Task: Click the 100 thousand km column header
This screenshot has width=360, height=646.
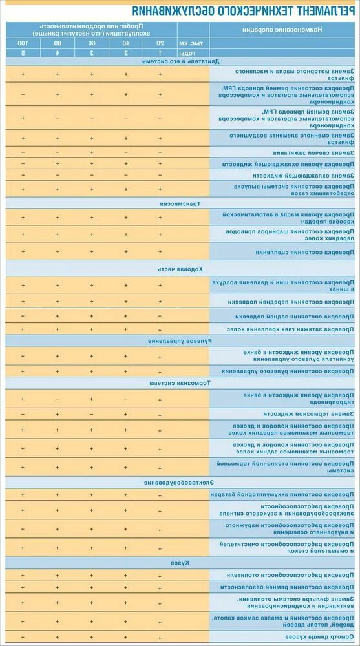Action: tap(23, 43)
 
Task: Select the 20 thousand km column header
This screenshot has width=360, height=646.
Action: tap(160, 43)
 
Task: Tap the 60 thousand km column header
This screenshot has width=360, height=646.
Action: tap(91, 43)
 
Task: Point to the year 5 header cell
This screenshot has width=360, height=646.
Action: tap(23, 52)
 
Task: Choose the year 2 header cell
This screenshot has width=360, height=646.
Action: tap(126, 52)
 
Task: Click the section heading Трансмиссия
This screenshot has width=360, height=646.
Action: tap(180, 202)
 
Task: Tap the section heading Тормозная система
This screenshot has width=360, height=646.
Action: tap(180, 383)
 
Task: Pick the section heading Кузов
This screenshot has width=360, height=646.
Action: tap(180, 563)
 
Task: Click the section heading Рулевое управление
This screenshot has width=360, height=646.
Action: tap(180, 340)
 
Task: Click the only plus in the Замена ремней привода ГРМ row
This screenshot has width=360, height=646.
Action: tap(23, 118)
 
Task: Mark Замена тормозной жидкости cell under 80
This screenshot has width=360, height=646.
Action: tap(57, 413)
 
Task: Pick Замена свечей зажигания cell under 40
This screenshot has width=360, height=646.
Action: tap(126, 153)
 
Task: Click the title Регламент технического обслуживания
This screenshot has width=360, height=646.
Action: tap(180, 11)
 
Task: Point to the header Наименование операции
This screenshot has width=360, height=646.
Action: tap(285, 30)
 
